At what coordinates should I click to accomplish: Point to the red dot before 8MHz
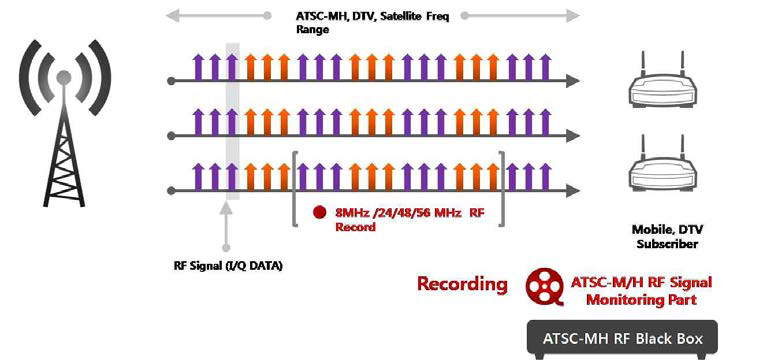tap(319, 212)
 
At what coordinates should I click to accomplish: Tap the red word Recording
tap(462, 284)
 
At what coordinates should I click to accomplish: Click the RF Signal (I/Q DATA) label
tap(228, 265)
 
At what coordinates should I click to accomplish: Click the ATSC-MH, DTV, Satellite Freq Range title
tap(365, 22)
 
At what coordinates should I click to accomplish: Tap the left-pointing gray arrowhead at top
tap(172, 16)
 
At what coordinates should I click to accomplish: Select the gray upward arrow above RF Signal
tap(229, 224)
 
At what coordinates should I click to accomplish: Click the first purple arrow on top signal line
tap(197, 66)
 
